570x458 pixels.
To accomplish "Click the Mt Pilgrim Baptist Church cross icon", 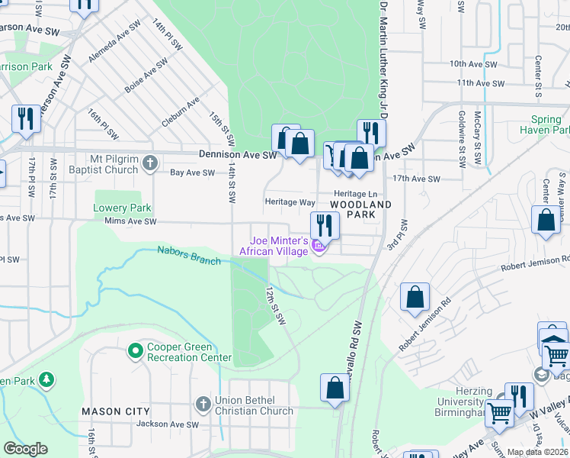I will (x=151, y=163).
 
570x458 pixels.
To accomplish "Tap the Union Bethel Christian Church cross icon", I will (x=203, y=403).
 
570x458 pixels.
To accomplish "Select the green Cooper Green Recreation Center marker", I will (x=136, y=351).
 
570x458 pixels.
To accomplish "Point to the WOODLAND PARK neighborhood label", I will (x=360, y=210).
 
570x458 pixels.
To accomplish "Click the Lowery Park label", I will (x=122, y=208).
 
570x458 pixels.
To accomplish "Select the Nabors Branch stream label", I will (x=189, y=256).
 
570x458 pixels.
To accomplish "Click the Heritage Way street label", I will (x=290, y=202).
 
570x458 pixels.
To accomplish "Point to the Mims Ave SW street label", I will (x=130, y=221).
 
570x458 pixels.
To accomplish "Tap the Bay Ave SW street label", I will (x=192, y=173).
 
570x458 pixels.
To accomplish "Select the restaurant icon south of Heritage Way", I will (x=325, y=225).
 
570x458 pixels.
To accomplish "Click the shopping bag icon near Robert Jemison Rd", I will (x=415, y=298).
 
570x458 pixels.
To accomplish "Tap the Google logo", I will (x=25, y=449).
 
